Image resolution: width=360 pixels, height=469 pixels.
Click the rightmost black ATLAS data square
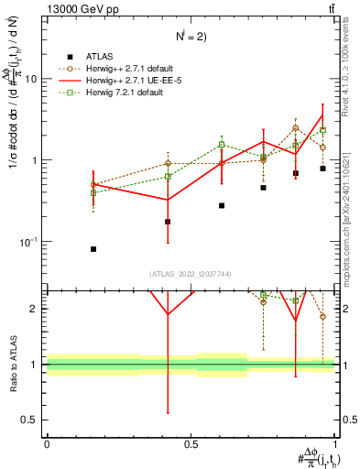[323, 169]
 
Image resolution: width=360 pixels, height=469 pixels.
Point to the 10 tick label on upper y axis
[31, 79]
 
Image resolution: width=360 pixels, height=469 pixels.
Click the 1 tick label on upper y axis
[35, 160]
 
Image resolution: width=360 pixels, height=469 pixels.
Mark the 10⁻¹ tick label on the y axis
[29, 242]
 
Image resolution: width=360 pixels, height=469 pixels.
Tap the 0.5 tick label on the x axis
[191, 444]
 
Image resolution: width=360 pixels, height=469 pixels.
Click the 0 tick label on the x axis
[47, 444]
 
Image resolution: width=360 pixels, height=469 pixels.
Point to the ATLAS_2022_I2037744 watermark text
[191, 275]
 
